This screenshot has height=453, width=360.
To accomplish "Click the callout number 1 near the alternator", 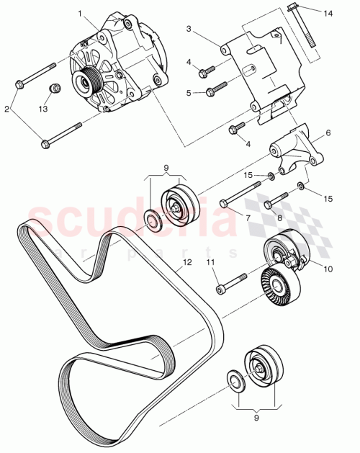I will (80, 13).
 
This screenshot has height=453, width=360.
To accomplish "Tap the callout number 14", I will (328, 14).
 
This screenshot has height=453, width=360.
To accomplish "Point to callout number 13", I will (43, 109).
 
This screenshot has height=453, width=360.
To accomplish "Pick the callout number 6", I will (328, 133).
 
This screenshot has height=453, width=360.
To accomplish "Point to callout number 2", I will (7, 109).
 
